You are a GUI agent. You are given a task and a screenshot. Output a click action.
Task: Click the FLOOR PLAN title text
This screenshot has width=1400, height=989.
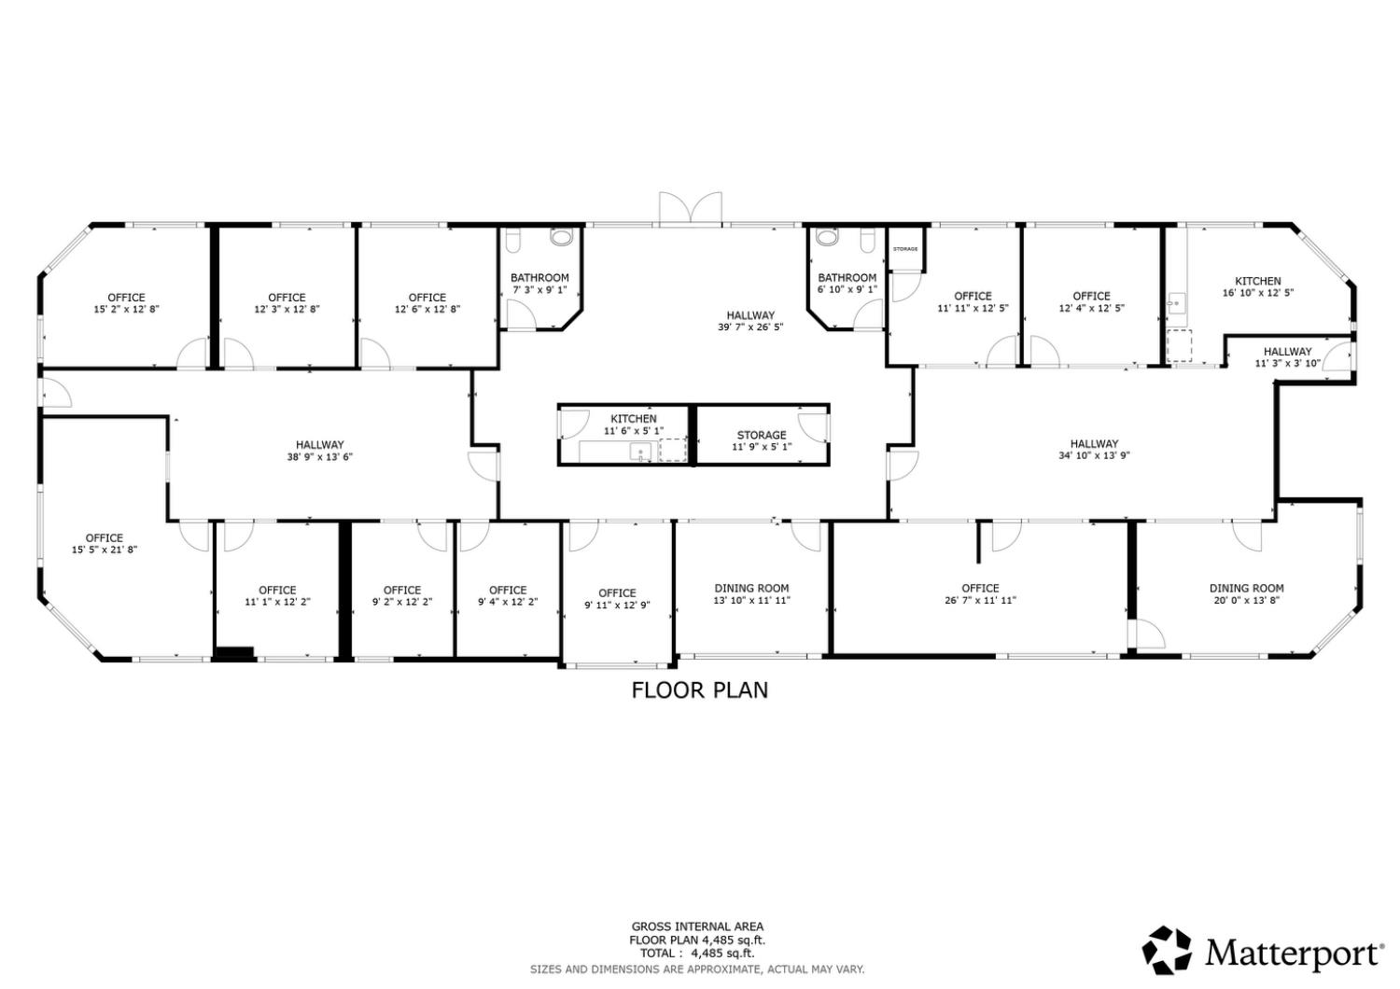click(x=700, y=690)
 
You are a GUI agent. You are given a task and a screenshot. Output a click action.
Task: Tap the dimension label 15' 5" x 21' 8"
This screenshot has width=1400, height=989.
click(x=105, y=550)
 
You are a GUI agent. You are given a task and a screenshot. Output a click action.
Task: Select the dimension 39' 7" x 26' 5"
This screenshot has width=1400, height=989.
click(x=750, y=327)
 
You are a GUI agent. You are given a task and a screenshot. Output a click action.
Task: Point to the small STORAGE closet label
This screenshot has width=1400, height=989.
click(x=905, y=249)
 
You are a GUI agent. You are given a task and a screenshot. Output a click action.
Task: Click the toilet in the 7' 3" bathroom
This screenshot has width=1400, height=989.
click(x=561, y=238)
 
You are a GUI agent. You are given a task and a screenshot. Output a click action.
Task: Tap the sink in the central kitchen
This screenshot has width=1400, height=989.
click(x=641, y=453)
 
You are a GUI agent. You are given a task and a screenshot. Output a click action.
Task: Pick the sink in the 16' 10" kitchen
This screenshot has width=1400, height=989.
click(x=1176, y=302)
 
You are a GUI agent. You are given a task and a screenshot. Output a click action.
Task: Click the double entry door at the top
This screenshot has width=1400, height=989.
click(x=690, y=208)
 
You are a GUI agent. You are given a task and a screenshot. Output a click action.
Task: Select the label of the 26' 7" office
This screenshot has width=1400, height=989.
click(x=980, y=588)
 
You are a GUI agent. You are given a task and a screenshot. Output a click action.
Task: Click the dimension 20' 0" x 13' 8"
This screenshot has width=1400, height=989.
click(x=1247, y=601)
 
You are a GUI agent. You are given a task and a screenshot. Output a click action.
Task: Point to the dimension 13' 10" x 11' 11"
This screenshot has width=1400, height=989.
click(x=751, y=601)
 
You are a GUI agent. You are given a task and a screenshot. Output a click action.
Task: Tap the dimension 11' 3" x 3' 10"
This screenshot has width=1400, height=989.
click(x=1288, y=364)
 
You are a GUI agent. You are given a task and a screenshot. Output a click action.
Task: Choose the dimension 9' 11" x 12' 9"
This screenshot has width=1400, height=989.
click(x=617, y=606)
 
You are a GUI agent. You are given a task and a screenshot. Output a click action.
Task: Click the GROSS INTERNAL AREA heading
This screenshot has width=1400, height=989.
click(x=697, y=926)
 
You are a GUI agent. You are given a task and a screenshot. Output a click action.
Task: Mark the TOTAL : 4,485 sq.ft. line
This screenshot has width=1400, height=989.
click(x=697, y=954)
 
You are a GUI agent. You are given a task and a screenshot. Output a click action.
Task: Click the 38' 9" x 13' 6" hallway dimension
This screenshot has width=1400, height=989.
click(x=320, y=457)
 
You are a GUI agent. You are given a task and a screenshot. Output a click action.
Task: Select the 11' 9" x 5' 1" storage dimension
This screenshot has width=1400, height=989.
click(x=762, y=448)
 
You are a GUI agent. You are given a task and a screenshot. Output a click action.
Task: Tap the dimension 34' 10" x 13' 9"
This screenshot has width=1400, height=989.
click(x=1095, y=456)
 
